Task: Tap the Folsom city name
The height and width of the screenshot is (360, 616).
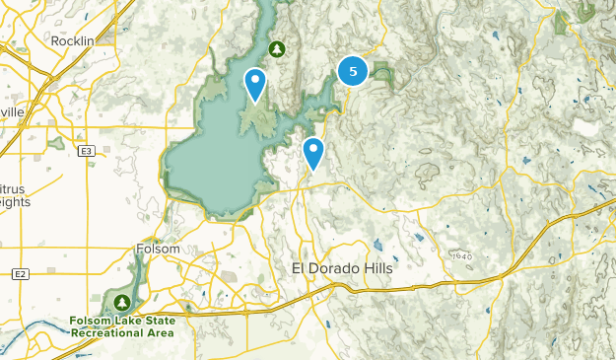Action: [x=158, y=250]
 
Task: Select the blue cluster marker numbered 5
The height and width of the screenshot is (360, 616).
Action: [x=353, y=71]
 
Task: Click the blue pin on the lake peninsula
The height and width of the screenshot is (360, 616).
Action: [x=255, y=83]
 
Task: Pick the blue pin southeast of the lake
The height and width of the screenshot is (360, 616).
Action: [x=313, y=153]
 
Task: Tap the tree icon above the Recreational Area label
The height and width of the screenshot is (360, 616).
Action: [x=121, y=302]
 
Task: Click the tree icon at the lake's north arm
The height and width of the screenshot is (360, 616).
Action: [x=277, y=48]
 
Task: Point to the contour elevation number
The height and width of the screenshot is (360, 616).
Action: [x=462, y=256]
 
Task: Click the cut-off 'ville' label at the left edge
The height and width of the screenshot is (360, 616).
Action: [x=12, y=113]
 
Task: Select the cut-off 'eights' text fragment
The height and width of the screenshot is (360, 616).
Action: [x=15, y=202]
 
